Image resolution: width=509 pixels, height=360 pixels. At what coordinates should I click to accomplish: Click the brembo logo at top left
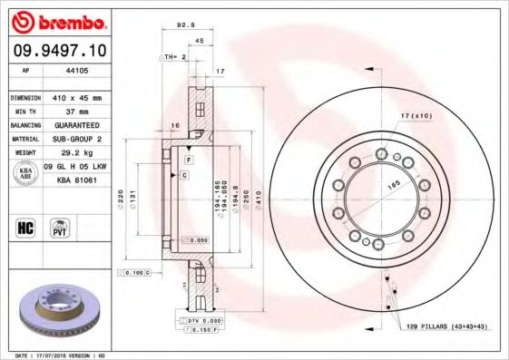(x=58, y=22)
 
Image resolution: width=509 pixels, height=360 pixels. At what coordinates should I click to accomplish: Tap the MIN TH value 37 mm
(x=75, y=111)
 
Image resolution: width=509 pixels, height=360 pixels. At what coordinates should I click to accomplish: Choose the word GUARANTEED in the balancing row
(x=75, y=124)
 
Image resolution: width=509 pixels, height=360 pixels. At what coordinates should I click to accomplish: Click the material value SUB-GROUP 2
(x=75, y=139)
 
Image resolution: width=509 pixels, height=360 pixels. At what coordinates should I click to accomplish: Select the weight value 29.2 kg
(x=75, y=153)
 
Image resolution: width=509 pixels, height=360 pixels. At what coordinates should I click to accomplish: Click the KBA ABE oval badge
(x=24, y=173)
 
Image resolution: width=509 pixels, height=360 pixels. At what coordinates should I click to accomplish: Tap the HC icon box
(x=25, y=228)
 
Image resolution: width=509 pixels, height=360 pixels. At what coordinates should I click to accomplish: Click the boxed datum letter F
(x=188, y=161)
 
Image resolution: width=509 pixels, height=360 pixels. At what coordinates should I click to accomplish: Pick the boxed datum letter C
(x=184, y=173)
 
